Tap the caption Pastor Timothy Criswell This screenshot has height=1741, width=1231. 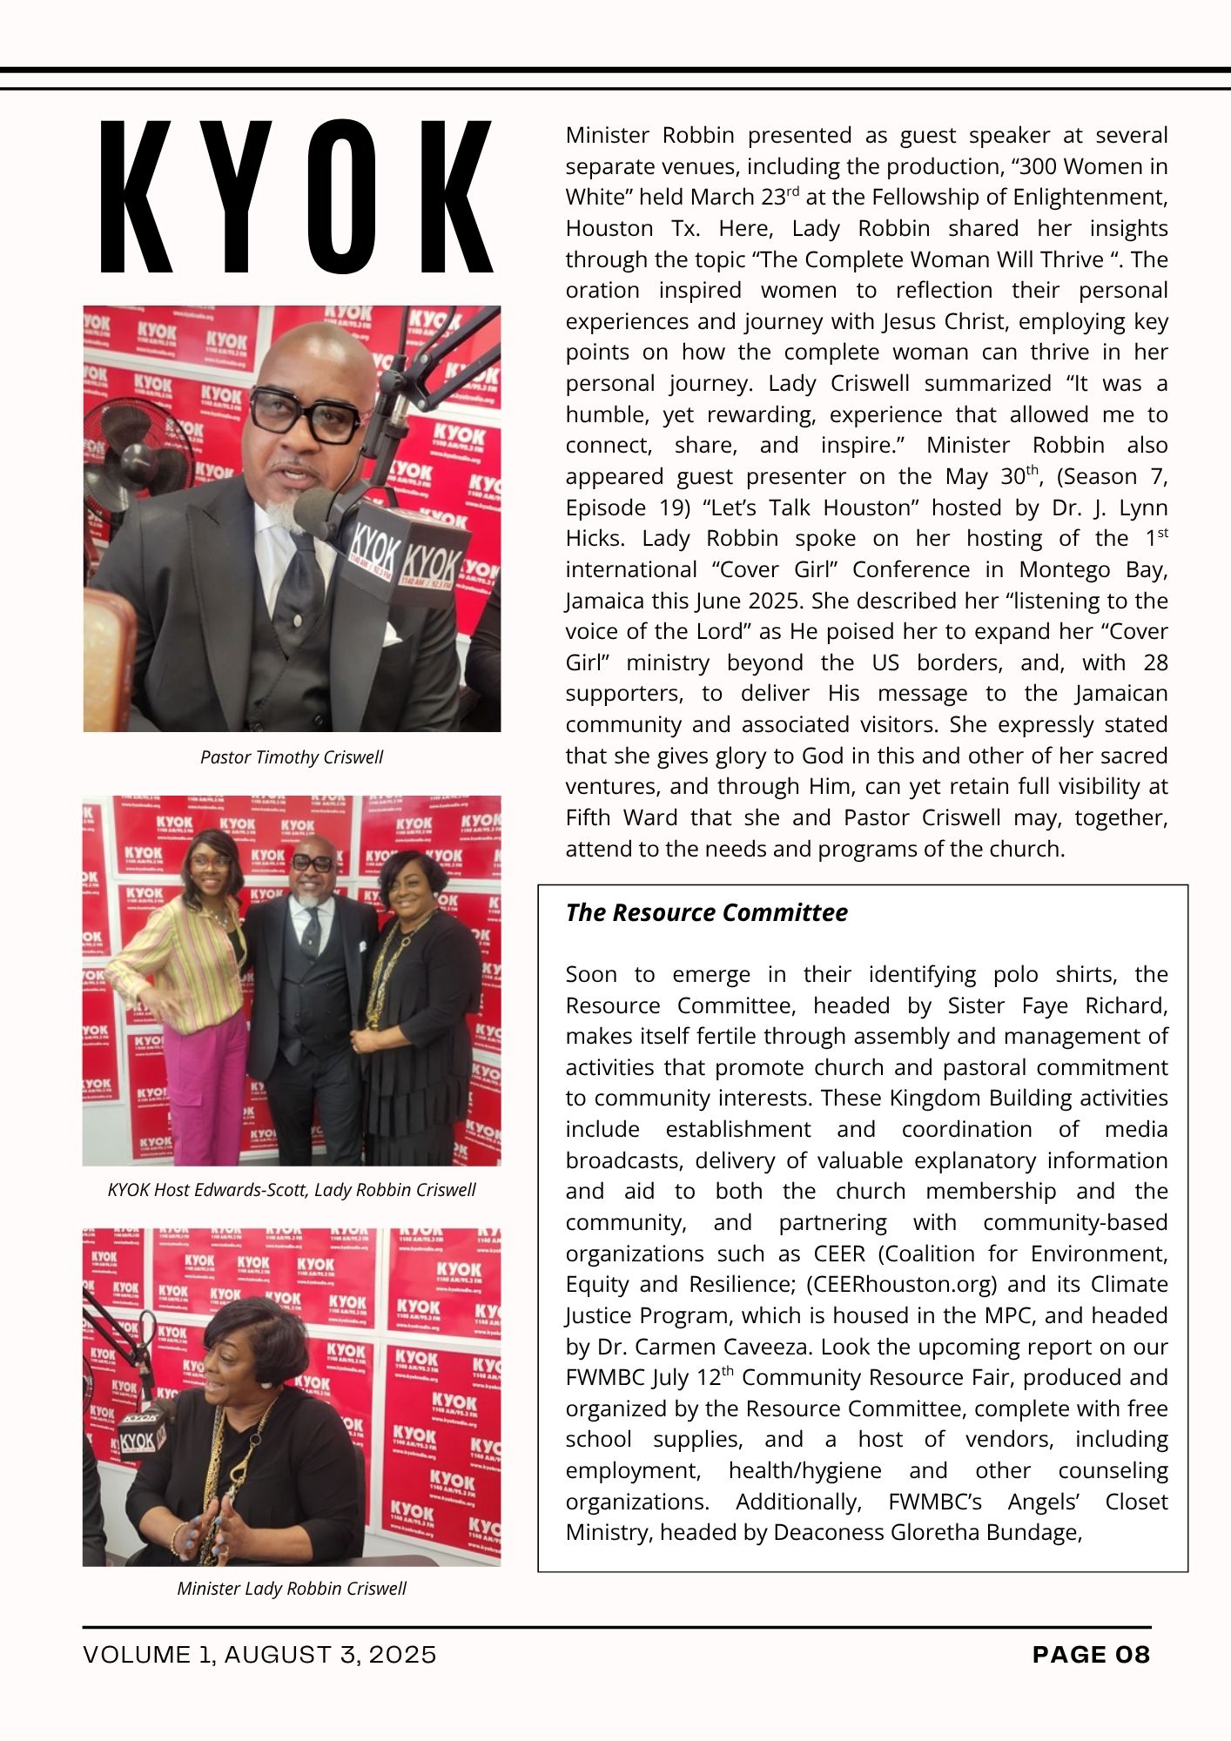click(291, 757)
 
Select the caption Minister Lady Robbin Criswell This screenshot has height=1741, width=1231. click(291, 1589)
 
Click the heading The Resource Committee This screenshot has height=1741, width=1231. click(706, 912)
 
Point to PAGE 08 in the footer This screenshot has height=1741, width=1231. click(1091, 1655)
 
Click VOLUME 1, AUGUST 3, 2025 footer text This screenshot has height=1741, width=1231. click(259, 1655)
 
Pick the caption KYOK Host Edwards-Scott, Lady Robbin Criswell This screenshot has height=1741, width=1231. click(291, 1190)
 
